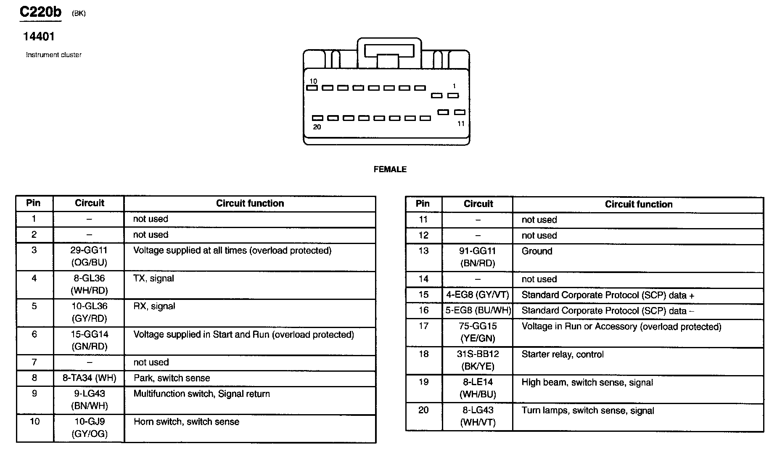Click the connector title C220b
[x=40, y=12]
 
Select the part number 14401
[x=39, y=37]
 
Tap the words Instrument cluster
[x=54, y=55]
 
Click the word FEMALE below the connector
[x=390, y=169]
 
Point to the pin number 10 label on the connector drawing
[x=313, y=81]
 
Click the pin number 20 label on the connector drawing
[x=317, y=127]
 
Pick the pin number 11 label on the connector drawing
[x=461, y=123]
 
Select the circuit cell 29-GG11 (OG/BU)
[x=89, y=256]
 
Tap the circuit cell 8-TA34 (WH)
[x=89, y=378]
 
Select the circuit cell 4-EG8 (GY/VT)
[x=478, y=295]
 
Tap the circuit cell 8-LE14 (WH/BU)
[x=478, y=388]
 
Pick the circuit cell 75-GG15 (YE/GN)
[x=478, y=332]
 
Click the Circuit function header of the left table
[x=250, y=203]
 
